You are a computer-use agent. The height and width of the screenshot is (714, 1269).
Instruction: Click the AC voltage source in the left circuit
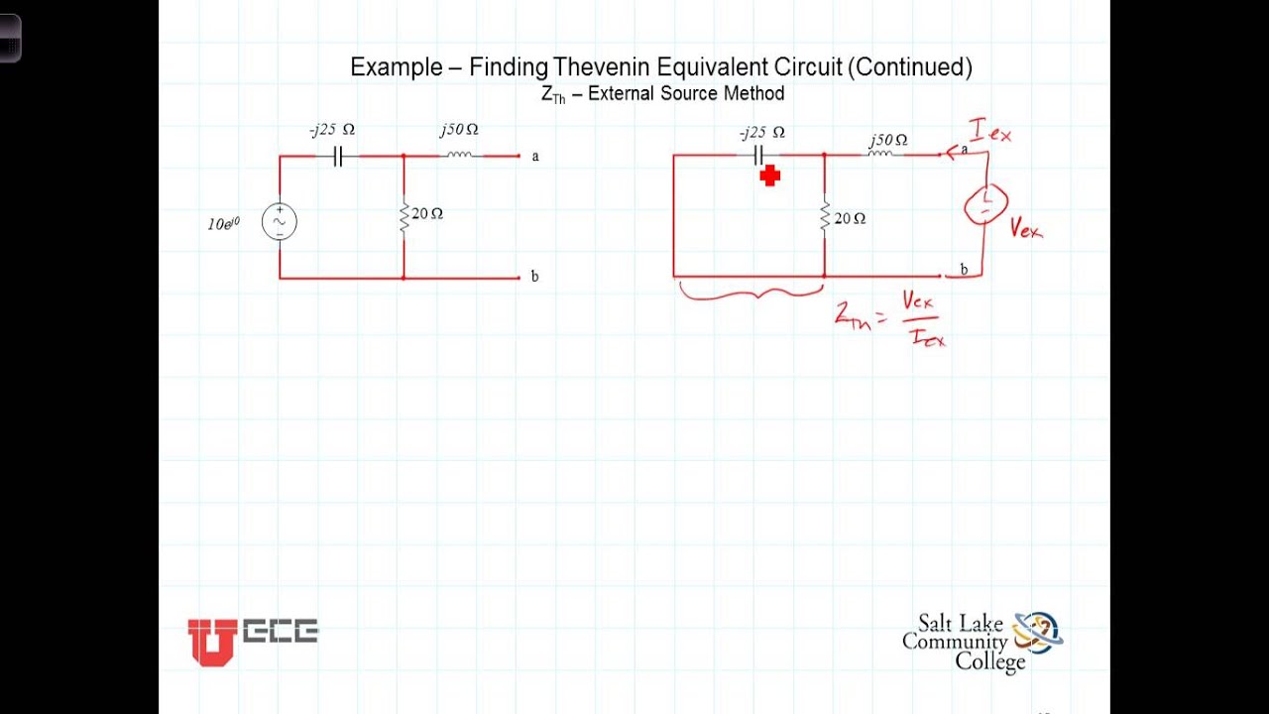point(280,222)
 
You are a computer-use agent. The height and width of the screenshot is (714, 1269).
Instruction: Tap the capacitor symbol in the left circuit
point(336,156)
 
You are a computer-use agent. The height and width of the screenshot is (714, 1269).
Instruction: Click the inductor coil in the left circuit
point(459,155)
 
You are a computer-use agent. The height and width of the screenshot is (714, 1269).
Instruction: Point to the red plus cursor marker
point(770,177)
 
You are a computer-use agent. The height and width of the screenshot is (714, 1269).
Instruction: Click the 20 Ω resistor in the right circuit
point(825,217)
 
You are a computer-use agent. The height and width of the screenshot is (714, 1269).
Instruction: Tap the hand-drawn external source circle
point(985,204)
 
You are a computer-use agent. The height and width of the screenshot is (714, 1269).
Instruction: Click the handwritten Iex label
point(990,131)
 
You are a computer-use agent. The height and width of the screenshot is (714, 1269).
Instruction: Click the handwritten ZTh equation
point(890,317)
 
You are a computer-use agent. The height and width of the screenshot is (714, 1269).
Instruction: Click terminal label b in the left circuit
point(535,277)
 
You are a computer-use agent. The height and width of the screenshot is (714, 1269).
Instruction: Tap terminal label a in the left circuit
point(535,156)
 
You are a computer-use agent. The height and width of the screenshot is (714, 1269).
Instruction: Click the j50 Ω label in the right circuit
point(887,140)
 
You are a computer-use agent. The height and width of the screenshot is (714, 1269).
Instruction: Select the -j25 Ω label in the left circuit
point(332,130)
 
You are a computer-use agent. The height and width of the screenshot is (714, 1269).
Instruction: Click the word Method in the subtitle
point(754,93)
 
